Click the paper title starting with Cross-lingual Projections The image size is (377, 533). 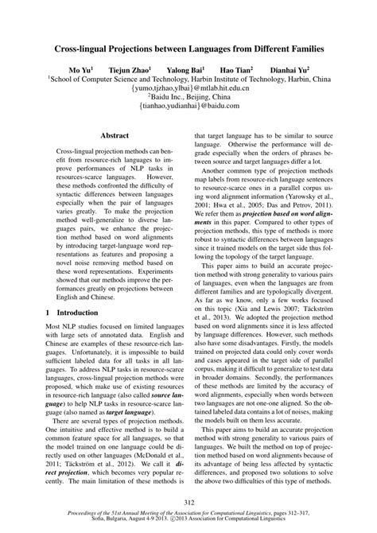point(188,49)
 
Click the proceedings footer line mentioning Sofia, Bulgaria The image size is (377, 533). point(188,524)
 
